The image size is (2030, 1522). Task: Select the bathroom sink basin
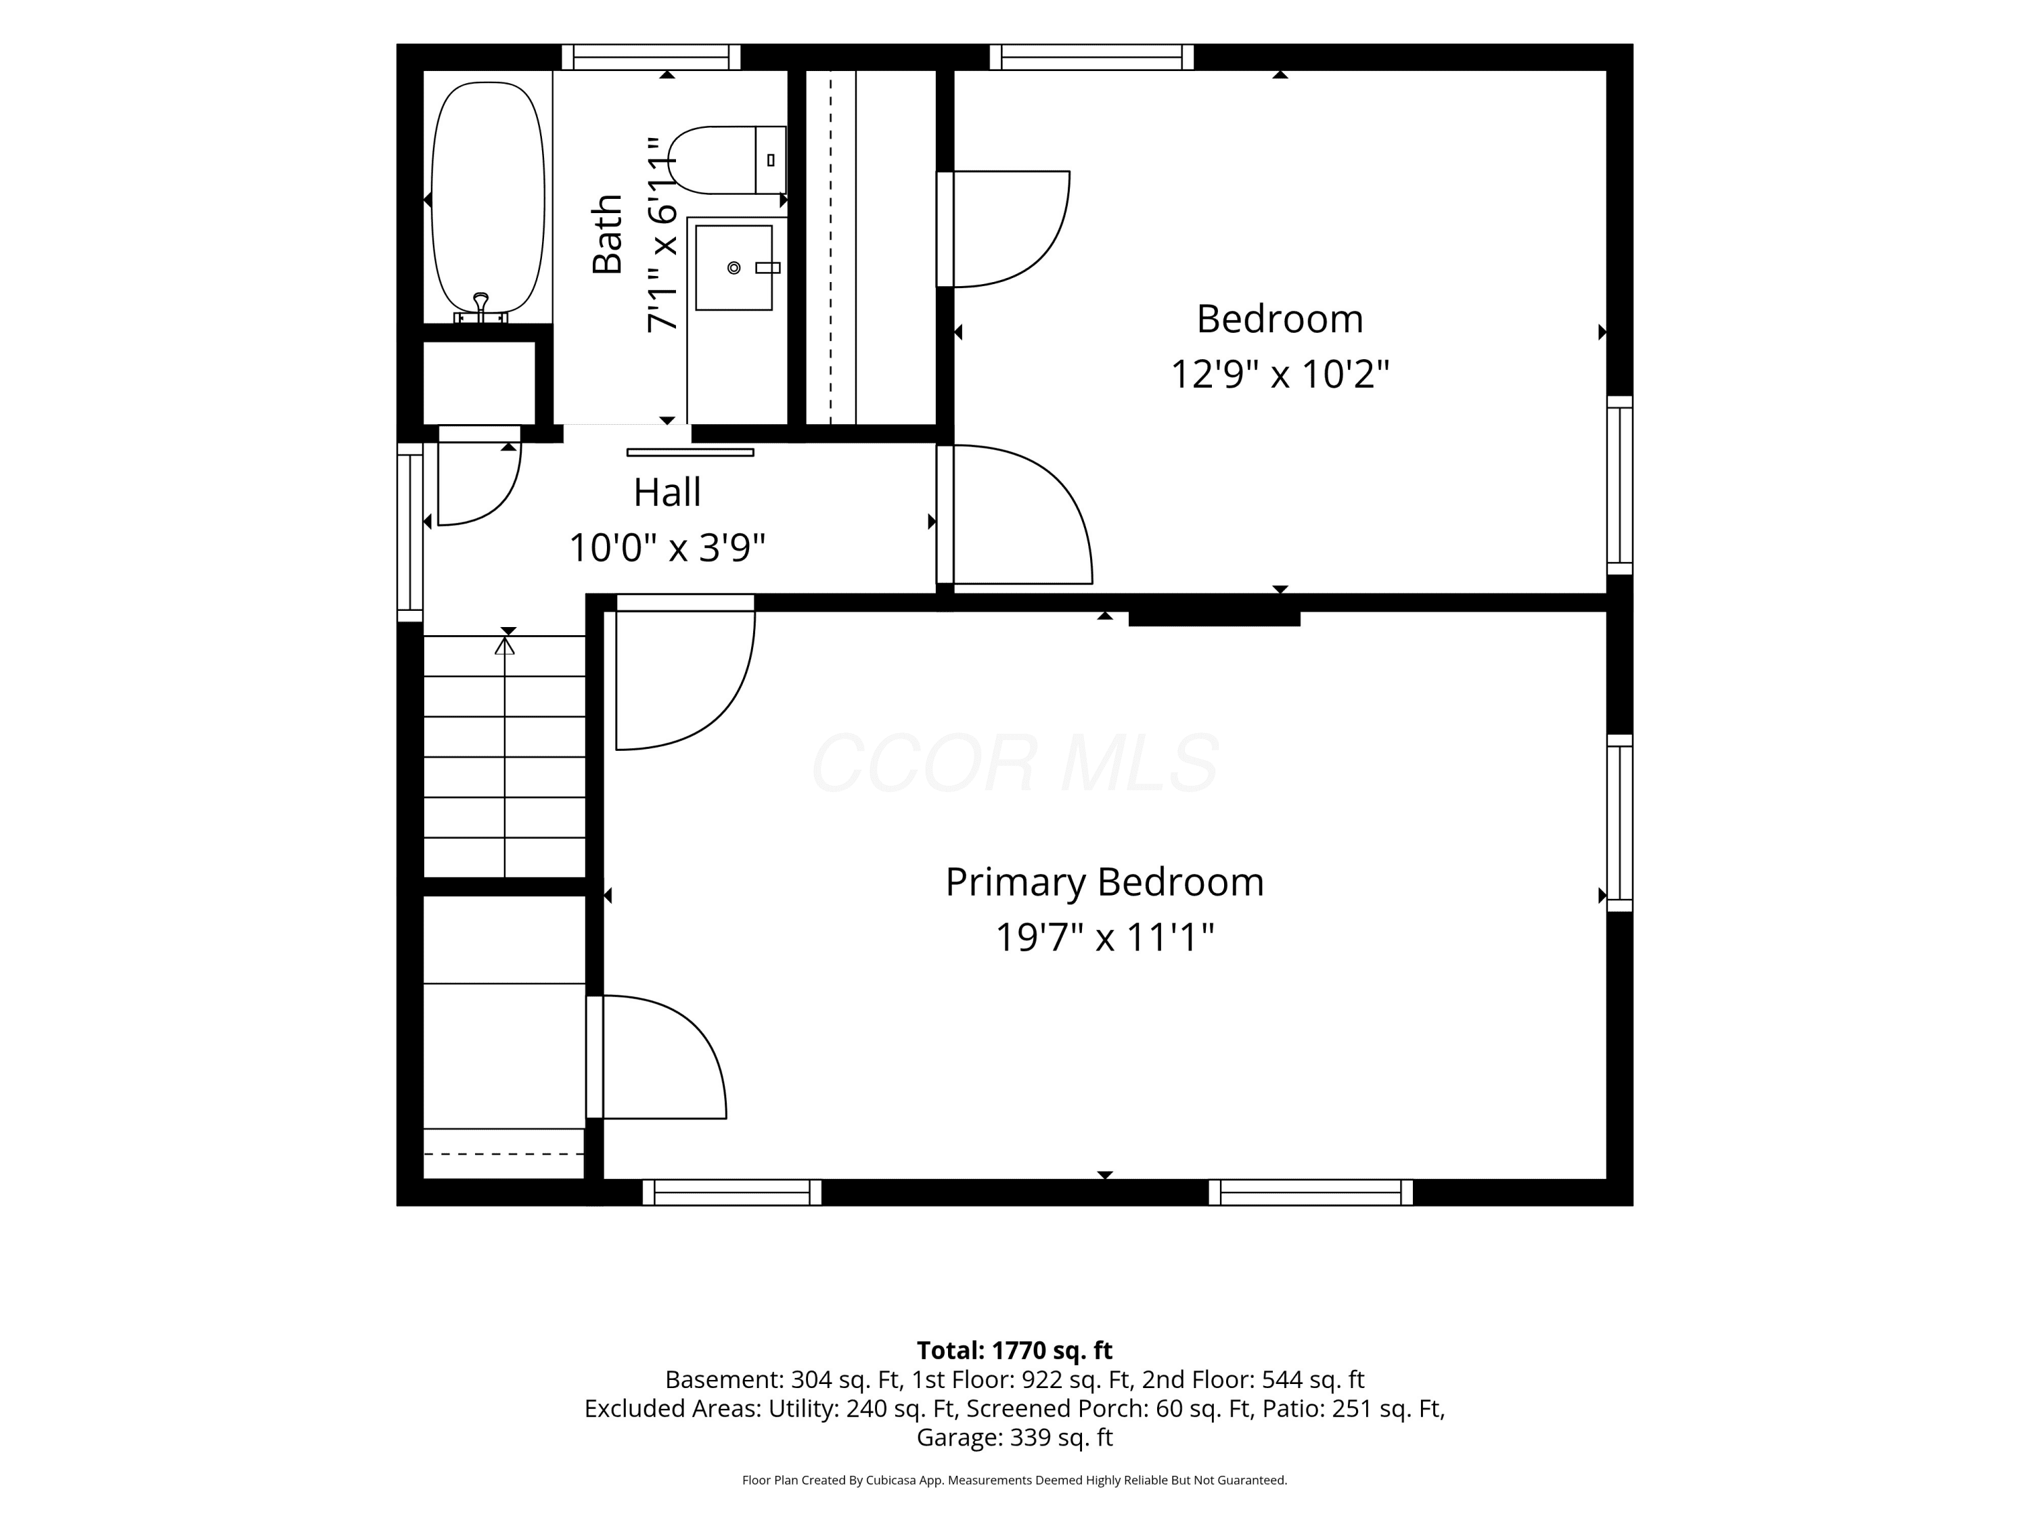pos(734,268)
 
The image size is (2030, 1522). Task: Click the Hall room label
pos(667,492)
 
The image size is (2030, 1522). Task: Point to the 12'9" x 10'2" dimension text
pos(1280,374)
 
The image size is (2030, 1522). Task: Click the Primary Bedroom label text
pos(1105,883)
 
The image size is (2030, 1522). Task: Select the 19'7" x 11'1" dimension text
pos(1105,938)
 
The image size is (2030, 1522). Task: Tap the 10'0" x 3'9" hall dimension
pos(667,548)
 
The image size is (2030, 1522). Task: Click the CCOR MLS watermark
pos(1015,763)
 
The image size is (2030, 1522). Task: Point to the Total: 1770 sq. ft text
pos(1014,1350)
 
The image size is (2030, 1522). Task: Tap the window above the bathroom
pos(651,57)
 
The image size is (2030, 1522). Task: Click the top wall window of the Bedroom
pos(1091,57)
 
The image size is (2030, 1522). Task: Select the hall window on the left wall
pos(410,532)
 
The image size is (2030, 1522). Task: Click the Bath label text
pos(608,234)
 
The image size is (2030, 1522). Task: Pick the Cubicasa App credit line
pos(1014,1480)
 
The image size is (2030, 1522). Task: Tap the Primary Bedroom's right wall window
pos(1620,823)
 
